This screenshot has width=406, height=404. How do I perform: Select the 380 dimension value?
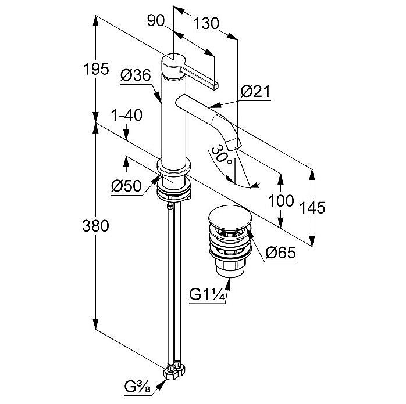tap(97, 226)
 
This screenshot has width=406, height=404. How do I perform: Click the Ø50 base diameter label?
tap(125, 186)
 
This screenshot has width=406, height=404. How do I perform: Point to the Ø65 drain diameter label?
tap(282, 253)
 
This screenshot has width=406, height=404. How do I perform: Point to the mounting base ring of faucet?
tap(174, 175)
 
